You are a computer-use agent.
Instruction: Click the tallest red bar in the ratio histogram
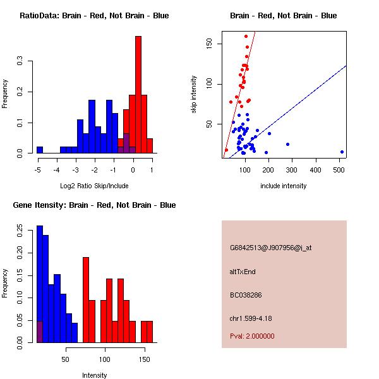[x=138, y=95]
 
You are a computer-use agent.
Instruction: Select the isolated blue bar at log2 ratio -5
[x=40, y=150]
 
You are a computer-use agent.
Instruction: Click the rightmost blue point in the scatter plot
[x=342, y=152]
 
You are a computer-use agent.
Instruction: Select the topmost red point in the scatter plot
[x=246, y=36]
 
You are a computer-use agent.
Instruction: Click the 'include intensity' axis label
[x=284, y=186]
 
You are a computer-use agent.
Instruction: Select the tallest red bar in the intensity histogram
[x=86, y=300]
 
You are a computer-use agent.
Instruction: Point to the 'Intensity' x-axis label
[x=95, y=375]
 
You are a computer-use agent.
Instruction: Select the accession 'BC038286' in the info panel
[x=245, y=295]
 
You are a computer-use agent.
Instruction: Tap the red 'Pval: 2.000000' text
[x=252, y=336]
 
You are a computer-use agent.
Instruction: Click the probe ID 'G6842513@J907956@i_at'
[x=270, y=248]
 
